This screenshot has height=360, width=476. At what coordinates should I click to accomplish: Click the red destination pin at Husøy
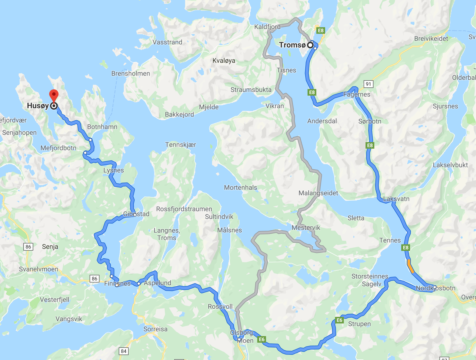click(x=54, y=95)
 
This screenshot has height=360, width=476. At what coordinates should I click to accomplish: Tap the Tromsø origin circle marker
click(x=310, y=45)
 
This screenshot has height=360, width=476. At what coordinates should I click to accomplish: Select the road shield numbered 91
click(x=369, y=84)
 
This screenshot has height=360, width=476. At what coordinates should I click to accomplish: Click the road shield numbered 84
click(x=124, y=351)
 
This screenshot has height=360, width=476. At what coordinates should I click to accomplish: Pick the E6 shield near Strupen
click(x=340, y=320)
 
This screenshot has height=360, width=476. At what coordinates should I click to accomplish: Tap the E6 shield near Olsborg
click(x=262, y=339)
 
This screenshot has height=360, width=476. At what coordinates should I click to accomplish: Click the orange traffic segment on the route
click(x=410, y=266)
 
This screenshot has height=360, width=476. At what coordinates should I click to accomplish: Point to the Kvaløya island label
click(x=224, y=61)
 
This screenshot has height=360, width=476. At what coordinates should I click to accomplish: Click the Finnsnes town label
click(x=117, y=283)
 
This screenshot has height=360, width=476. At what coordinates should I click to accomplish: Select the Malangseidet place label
click(x=318, y=193)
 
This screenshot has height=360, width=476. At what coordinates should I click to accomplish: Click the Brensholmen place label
click(x=131, y=74)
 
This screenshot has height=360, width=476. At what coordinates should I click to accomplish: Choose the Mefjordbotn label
click(x=58, y=148)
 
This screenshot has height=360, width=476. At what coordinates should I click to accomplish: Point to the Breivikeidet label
click(x=431, y=39)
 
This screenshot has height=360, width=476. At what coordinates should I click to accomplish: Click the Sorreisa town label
click(x=155, y=329)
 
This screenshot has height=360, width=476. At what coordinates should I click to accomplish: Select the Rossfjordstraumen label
click(x=184, y=209)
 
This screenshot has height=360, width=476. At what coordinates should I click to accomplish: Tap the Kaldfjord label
click(x=267, y=27)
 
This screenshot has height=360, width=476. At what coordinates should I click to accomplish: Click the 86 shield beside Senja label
click(x=28, y=247)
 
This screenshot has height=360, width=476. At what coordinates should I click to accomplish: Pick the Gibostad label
click(x=136, y=214)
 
